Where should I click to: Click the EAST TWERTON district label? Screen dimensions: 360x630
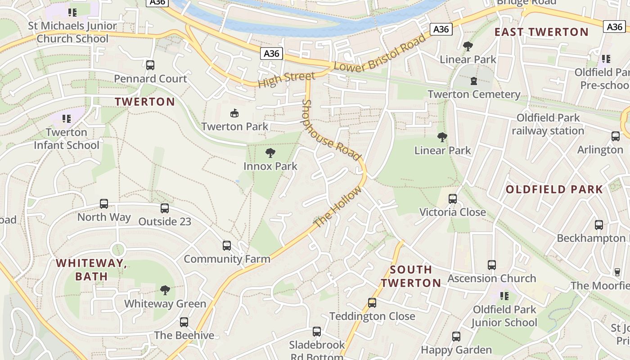(x=541, y=32)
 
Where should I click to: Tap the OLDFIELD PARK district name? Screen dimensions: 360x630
(x=554, y=189)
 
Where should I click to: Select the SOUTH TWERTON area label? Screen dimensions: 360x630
(x=410, y=276)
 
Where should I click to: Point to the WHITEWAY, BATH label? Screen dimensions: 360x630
(x=91, y=270)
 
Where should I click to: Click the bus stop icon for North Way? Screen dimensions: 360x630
(x=104, y=204)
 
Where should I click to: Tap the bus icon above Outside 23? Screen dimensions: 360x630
(x=165, y=208)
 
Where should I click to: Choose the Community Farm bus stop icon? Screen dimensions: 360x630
(x=227, y=246)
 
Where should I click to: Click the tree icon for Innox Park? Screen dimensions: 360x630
(x=270, y=153)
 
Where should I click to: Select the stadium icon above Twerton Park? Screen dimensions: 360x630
(x=234, y=113)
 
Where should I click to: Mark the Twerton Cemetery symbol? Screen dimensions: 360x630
(x=473, y=81)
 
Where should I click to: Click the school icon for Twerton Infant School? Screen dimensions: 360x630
(x=67, y=119)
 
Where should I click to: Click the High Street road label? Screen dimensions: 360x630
(x=286, y=80)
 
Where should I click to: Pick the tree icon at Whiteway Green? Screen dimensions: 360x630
(x=165, y=290)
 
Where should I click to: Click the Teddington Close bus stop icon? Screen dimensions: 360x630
(x=372, y=303)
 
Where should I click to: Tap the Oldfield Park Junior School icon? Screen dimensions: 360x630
(x=504, y=296)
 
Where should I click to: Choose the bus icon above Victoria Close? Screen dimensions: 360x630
(x=453, y=199)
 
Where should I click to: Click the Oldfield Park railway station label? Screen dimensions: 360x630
(x=548, y=124)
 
